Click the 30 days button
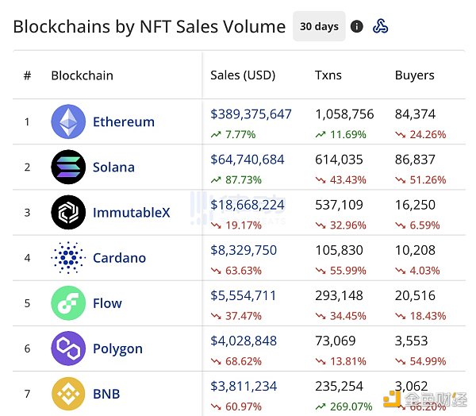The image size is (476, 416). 319,26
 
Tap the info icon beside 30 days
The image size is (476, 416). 357,26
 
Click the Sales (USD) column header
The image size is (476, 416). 243,75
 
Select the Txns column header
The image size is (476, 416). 328,75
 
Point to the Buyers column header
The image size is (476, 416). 415,75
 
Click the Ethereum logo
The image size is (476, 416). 68,121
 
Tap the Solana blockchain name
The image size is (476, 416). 113,168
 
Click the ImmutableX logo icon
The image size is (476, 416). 68,212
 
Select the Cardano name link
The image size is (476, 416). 119,258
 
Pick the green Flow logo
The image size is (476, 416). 68,303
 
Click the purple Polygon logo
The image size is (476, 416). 68,349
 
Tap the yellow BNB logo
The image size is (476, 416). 68,394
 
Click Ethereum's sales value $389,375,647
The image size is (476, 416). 251,114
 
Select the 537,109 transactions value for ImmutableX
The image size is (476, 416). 339,206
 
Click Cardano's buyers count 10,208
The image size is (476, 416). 415,251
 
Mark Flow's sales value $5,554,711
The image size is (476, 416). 244,296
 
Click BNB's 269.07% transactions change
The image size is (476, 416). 344,406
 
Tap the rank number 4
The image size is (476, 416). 27,258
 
